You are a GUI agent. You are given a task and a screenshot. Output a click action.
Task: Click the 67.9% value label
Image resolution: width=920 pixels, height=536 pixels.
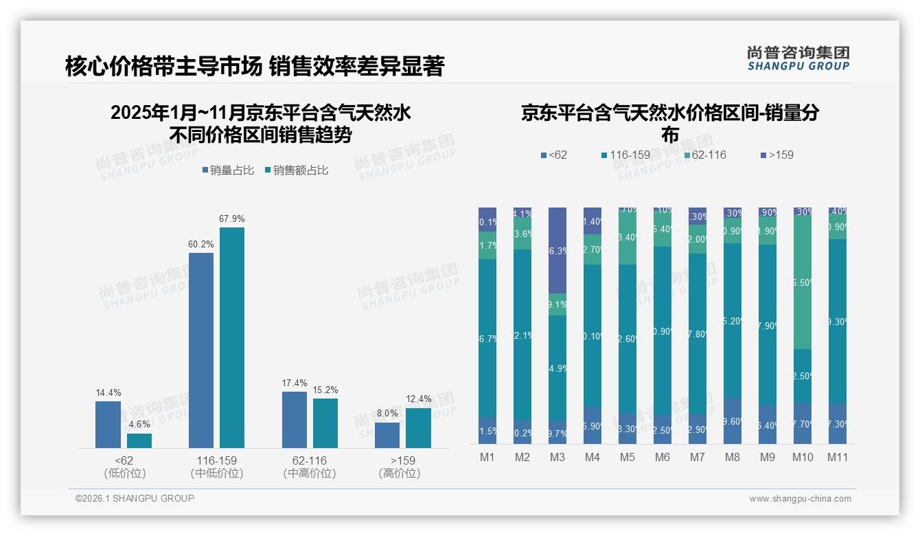pos(231,219)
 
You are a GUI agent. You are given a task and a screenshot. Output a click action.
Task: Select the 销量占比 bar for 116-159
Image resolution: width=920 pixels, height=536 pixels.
pos(200,350)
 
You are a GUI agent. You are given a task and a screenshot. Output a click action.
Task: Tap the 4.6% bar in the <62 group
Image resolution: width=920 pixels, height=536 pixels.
pos(139,440)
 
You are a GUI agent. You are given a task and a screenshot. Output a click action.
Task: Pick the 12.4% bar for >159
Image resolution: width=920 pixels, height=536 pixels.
pos(418,427)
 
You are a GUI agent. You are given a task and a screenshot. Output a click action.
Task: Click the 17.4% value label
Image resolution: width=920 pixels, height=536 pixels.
pos(294,383)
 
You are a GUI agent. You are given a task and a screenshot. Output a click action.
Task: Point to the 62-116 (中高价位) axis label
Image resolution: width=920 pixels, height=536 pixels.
pos(309,467)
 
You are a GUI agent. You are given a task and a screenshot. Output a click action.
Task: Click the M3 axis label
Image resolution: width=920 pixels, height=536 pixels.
pos(557,457)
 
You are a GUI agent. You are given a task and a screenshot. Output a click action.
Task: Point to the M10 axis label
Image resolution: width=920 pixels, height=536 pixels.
pos(802,457)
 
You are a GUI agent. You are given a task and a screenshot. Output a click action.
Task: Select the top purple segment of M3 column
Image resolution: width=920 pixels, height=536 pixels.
pos(557,250)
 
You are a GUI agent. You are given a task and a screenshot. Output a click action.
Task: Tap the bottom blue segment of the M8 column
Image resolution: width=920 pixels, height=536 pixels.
pos(732,421)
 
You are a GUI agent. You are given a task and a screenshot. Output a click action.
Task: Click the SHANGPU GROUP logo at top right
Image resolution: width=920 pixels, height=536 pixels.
pos(798,58)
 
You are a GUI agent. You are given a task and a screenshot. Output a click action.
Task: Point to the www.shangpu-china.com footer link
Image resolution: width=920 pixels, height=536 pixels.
pos(800,499)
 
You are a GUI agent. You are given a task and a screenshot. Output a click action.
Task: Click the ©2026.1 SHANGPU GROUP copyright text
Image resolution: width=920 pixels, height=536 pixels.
pos(135,498)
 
